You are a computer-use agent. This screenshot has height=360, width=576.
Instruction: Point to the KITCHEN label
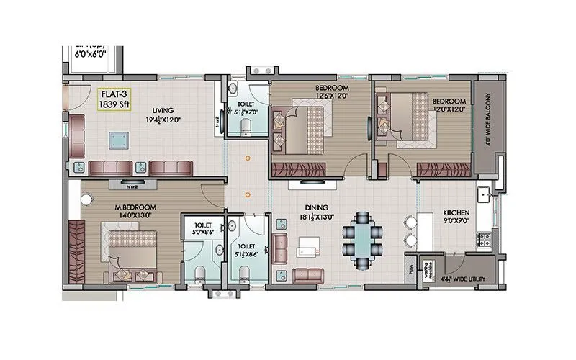pos(456,213)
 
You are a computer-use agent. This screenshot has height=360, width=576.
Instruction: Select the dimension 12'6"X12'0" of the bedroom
pos(331,95)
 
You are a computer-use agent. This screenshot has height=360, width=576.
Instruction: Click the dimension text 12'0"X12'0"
pos(449,109)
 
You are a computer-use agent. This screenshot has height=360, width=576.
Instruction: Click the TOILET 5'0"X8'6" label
pos(203,228)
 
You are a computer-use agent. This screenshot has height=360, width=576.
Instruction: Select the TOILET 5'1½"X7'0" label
pos(246,108)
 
